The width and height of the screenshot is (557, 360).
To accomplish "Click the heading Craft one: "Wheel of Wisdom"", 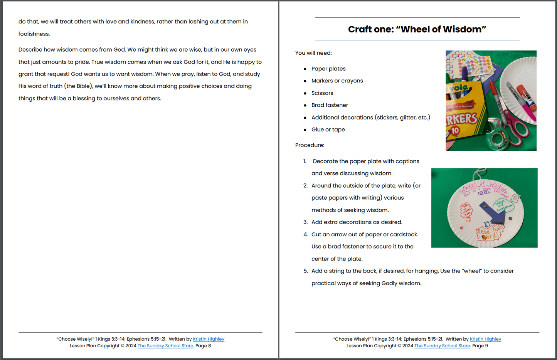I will pos(417,29).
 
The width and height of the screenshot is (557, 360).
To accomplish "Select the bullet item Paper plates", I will pos(328,69).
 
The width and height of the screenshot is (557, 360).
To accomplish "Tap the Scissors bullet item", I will pos(322,93).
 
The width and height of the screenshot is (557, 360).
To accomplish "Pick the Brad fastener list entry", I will pos(330,105).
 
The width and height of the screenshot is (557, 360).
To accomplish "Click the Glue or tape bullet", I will pos(328,130).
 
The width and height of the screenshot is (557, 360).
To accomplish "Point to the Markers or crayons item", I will pos(337,81).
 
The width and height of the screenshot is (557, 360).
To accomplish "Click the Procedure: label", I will pos(310,145).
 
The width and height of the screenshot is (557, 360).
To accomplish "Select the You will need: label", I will pos(313,53).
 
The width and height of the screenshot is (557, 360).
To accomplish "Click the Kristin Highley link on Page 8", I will pos(209,339).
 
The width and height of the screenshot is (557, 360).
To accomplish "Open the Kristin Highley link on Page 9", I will pos(485,339).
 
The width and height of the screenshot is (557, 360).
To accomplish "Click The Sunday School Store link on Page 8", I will pos(165,346).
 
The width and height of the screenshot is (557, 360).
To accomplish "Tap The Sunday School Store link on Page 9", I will pos(442,346).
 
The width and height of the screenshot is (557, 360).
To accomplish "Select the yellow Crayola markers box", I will pos(461,112).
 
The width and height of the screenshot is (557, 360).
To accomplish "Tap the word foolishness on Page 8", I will pos(34,34).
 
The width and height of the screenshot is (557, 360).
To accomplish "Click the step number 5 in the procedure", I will pos(305,271).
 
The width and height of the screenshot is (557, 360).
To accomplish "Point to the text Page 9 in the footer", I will pos(480,346).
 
